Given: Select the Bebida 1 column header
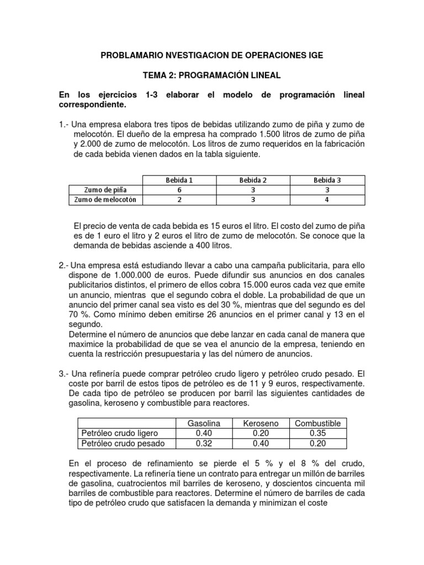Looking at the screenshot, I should [179, 180].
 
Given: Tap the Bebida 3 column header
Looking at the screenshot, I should [327, 180].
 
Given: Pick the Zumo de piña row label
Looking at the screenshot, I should [105, 189].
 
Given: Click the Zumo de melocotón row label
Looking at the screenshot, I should [105, 199].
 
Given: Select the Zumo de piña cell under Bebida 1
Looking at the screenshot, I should [179, 189].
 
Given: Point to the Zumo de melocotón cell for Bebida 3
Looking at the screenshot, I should [327, 199].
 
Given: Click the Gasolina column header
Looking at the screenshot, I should [204, 423].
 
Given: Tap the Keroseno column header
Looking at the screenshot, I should [261, 423].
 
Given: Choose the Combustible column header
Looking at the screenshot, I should [317, 423].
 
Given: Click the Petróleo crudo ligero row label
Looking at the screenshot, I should [119, 433].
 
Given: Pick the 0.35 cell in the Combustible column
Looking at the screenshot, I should [317, 433].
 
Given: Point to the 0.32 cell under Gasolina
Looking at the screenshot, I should [204, 443].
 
